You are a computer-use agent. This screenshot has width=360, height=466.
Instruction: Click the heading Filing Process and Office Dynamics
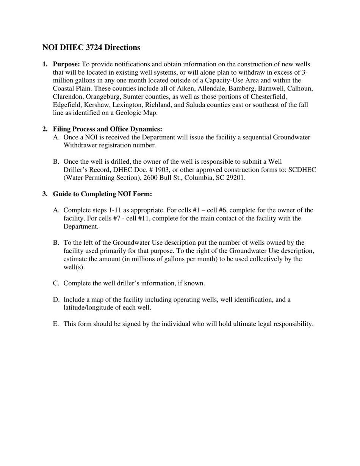[x=107, y=129]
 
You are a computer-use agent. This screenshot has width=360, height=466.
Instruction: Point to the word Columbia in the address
[x=196, y=178]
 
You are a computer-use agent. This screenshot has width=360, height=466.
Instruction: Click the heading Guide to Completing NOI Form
[x=102, y=194]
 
